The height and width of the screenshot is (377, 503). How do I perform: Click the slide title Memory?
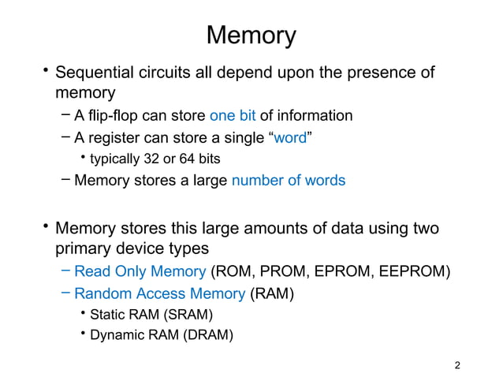(x=251, y=35)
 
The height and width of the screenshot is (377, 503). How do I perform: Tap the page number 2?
(x=458, y=365)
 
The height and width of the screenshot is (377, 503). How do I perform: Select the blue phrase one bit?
(x=233, y=116)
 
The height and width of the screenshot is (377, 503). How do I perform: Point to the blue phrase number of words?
(x=288, y=181)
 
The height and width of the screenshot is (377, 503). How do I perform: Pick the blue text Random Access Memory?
(x=159, y=294)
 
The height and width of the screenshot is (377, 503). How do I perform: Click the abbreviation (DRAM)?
(x=207, y=335)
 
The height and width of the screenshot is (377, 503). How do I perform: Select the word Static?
(x=108, y=315)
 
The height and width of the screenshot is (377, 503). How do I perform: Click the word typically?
(x=117, y=159)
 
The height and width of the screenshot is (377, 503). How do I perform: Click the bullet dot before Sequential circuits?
(x=46, y=73)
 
